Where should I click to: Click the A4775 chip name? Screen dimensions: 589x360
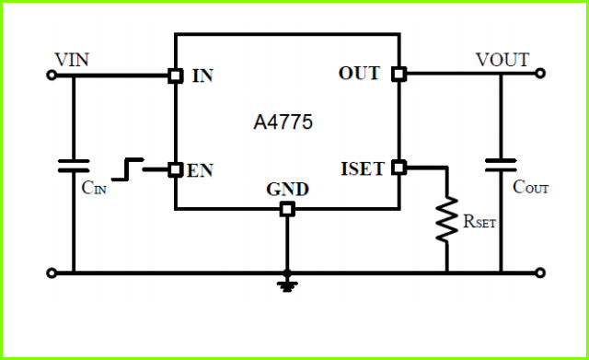pyautogui.click(x=283, y=122)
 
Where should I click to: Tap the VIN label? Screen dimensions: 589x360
pyautogui.click(x=72, y=60)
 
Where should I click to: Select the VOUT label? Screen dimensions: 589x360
pyautogui.click(x=502, y=59)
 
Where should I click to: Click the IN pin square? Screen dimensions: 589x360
pyautogui.click(x=176, y=75)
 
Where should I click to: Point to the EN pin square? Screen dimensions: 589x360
pyautogui.click(x=175, y=169)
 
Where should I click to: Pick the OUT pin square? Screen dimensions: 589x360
pyautogui.click(x=398, y=74)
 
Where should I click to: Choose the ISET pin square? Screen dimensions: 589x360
pyautogui.click(x=398, y=168)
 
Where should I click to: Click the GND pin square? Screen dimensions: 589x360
pyautogui.click(x=287, y=209)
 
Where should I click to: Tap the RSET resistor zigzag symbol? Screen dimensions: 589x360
pyautogui.click(x=446, y=219)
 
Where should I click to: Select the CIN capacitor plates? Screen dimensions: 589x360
pyautogui.click(x=74, y=166)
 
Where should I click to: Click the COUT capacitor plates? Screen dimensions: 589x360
pyautogui.click(x=501, y=165)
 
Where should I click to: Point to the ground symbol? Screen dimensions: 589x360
pyautogui.click(x=287, y=285)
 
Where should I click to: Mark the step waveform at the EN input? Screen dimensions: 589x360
pyautogui.click(x=128, y=169)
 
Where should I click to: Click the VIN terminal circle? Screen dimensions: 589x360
pyautogui.click(x=52, y=75)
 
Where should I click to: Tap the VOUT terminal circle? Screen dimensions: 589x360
pyautogui.click(x=540, y=74)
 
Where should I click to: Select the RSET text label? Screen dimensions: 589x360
pyautogui.click(x=479, y=221)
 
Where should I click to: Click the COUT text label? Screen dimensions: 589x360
pyautogui.click(x=531, y=187)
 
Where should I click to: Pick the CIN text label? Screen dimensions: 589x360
pyautogui.click(x=94, y=187)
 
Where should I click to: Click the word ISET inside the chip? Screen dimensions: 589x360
pyautogui.click(x=363, y=168)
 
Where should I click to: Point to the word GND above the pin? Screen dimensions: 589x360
pyautogui.click(x=287, y=190)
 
